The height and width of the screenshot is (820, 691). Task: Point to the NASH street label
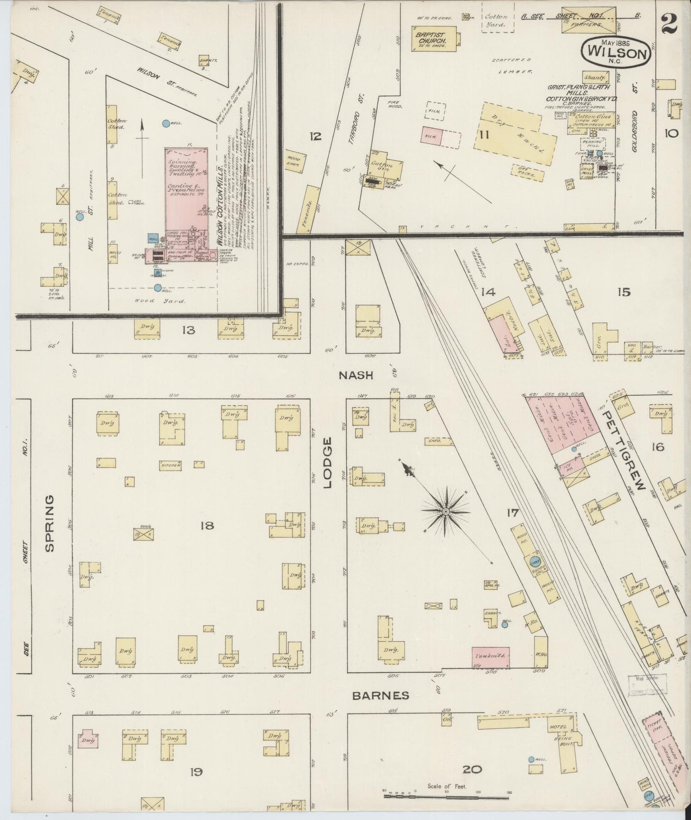tap(355, 375)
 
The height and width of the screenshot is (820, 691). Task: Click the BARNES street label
tap(380, 695)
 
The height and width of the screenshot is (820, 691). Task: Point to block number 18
tap(207, 526)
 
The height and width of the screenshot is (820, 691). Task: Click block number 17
tap(513, 513)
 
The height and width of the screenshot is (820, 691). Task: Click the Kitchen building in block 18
tap(171, 465)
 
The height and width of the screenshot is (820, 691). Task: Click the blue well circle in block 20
tap(531, 759)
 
